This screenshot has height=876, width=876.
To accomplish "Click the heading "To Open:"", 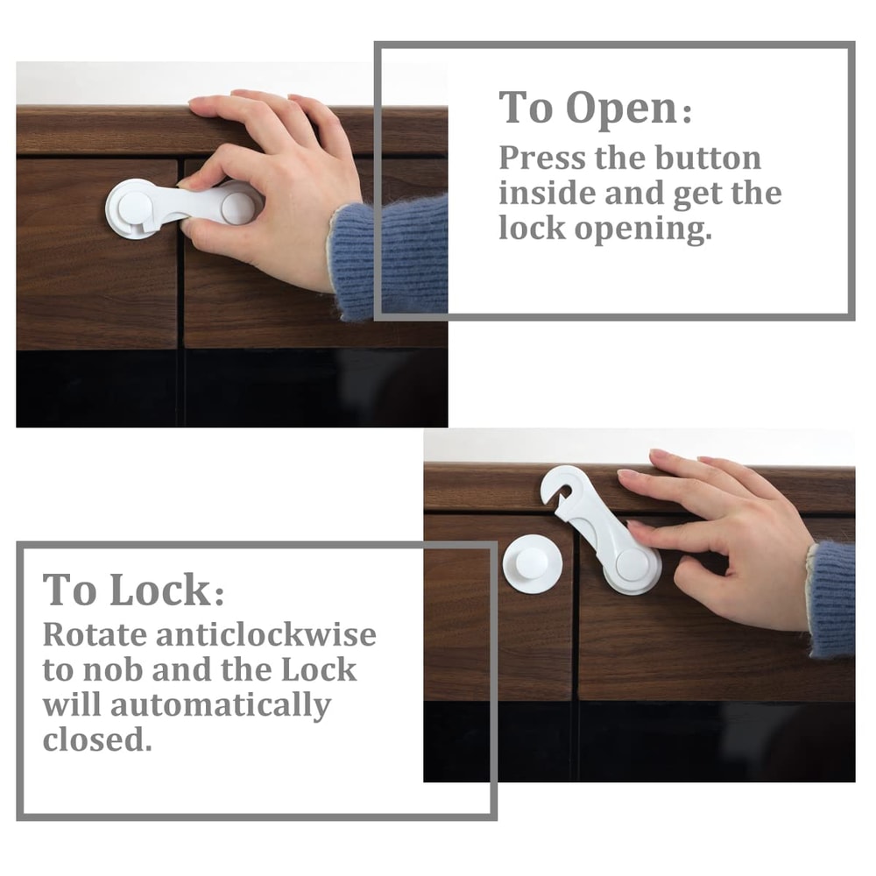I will click(x=596, y=109).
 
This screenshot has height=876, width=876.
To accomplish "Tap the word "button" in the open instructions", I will click(x=707, y=159).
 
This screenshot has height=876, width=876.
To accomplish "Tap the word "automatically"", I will click(x=222, y=705).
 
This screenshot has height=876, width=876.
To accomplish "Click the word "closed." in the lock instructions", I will click(x=97, y=740).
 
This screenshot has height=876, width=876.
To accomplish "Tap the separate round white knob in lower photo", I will click(x=533, y=564).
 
